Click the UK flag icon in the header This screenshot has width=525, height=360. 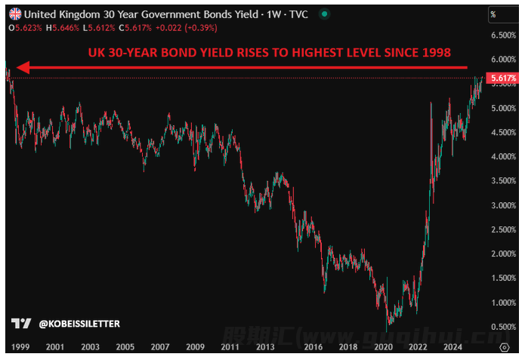16,14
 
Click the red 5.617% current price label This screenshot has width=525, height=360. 502,78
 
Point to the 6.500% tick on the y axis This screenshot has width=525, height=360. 503,35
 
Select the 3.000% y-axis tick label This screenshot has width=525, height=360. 503,205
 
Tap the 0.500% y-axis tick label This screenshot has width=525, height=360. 503,327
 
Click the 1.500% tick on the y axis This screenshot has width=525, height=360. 503,278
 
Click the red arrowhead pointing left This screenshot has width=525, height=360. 23,68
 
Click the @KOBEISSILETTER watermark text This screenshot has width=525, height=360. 79,324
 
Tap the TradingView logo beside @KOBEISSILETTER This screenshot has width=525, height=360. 22,324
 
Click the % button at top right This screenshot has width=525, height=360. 493,14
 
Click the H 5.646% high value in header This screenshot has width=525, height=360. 63,27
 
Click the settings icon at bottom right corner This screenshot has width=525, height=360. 504,346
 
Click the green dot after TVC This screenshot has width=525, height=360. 325,14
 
